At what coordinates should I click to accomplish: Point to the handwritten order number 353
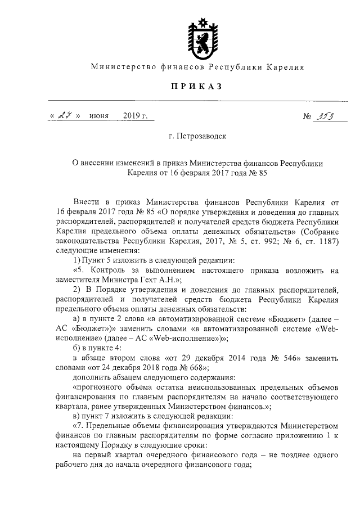click(325, 116)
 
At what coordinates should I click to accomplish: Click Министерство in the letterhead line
click(119, 67)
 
